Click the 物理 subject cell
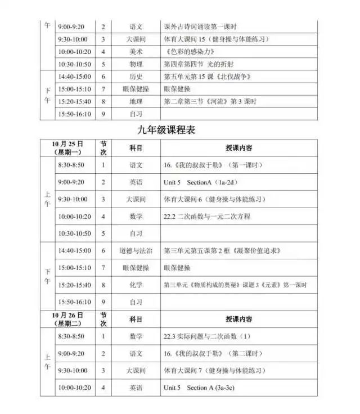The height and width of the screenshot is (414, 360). pos(136,64)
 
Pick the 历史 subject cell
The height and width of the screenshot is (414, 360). pos(136,76)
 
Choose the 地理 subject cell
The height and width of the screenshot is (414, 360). pos(136,101)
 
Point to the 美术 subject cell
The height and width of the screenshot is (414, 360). pos(136,52)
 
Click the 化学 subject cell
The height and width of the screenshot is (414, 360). pos(136,285)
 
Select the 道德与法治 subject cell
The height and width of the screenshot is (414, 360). pos(136,250)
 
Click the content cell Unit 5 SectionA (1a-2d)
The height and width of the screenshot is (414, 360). pos(196,182)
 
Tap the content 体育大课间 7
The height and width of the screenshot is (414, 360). pos(214,371)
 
